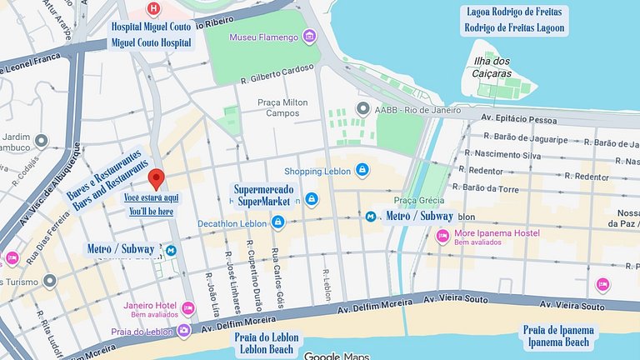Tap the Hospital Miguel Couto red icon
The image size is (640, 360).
[x=152, y=9]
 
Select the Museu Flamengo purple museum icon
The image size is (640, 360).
[x=310, y=36]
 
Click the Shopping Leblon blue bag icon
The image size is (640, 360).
[x=362, y=171]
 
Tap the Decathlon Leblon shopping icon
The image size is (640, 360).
[x=278, y=222]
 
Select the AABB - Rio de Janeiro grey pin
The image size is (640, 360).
[x=362, y=109]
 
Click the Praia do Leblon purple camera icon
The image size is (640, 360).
[x=182, y=331]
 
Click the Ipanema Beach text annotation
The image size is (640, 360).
[x=558, y=342]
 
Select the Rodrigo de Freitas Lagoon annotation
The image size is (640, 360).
[x=514, y=27]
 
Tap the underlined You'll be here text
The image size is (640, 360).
[x=151, y=212]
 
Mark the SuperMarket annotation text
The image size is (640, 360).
[x=263, y=202]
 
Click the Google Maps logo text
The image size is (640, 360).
[x=336, y=356]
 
